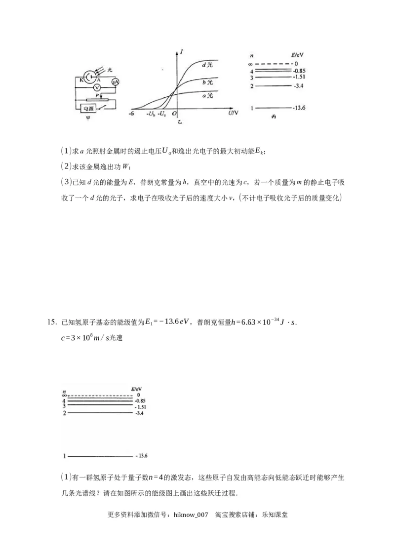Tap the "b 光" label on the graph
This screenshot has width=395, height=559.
(207, 81)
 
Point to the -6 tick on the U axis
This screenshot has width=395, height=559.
(131, 114)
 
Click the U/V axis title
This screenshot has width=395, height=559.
(234, 113)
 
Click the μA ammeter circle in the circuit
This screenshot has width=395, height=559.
(115, 82)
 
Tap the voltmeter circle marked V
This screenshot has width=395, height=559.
(97, 87)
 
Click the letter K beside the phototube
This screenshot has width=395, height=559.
(81, 80)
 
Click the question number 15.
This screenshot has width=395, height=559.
(52, 322)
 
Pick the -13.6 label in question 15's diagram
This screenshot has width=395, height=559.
(142, 455)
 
